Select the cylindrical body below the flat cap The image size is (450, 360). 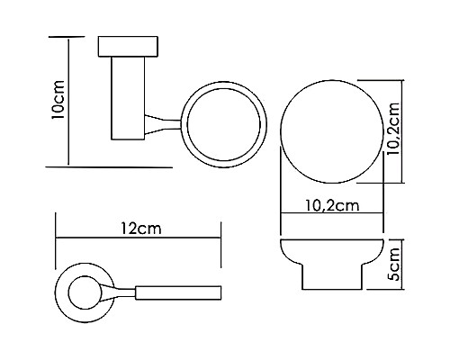(127, 99)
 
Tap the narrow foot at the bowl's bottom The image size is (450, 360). (333, 281)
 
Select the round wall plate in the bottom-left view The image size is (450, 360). (83, 292)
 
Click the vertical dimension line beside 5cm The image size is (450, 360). (402, 264)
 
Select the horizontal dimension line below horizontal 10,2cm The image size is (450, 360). (333, 214)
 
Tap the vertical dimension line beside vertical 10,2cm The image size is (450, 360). (401, 131)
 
